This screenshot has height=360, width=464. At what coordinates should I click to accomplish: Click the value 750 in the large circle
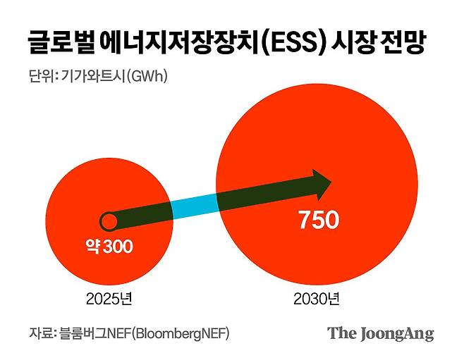tap(318, 221)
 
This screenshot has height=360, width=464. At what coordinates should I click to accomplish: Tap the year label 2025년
tap(109, 299)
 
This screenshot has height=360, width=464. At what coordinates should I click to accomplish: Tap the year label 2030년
tap(316, 299)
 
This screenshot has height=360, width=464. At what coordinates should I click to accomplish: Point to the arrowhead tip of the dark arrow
tap(331, 184)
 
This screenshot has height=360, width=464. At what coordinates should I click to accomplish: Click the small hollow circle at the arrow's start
tap(109, 222)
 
